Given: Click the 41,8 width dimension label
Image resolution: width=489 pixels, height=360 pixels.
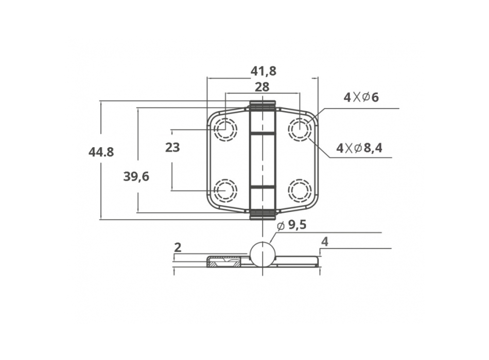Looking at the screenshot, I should (263, 71).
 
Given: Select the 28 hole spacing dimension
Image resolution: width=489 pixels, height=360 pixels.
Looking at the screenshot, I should (263, 87).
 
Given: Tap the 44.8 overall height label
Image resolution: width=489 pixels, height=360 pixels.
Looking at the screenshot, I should (101, 152).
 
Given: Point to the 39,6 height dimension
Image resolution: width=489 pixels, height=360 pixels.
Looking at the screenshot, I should (136, 176).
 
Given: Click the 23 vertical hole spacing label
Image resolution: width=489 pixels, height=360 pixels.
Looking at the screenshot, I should (172, 148).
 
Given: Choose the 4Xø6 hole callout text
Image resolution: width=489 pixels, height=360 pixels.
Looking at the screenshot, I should (361, 97).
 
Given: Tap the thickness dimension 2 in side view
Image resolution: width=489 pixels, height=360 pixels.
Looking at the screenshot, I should (178, 247).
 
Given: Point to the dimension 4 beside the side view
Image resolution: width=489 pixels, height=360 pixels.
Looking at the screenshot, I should (324, 241).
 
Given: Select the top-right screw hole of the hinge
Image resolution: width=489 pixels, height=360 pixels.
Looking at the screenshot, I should (300, 129).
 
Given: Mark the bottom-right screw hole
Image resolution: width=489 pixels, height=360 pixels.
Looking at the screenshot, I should (300, 190).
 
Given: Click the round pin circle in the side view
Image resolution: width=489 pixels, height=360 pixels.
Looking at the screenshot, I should (263, 254).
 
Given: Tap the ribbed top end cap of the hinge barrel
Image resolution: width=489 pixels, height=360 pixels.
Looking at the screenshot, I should (263, 105).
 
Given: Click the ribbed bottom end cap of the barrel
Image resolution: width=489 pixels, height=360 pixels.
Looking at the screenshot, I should (263, 214).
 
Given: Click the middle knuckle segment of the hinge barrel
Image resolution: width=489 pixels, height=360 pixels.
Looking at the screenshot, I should (263, 159).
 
